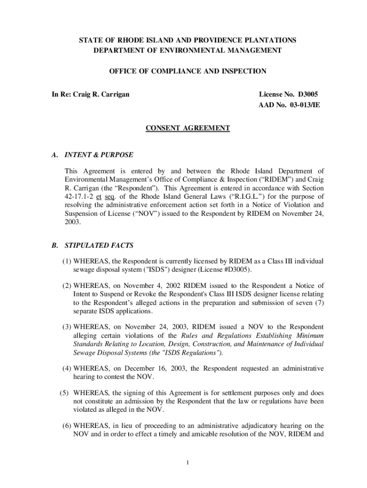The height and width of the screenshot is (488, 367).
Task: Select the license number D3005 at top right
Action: [306, 94]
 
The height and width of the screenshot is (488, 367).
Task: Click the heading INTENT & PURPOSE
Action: [99, 155]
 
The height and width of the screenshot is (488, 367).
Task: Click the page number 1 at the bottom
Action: [188, 463]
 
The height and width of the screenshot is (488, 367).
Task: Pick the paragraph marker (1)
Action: [67, 262]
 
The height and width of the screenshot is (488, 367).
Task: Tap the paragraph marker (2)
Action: [67, 285]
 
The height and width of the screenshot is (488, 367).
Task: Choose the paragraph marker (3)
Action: [67, 327]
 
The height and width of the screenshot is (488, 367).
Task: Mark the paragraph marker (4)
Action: [67, 368]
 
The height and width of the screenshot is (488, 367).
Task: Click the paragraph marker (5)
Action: [65, 393]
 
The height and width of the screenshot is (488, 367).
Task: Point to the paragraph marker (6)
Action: [67, 426]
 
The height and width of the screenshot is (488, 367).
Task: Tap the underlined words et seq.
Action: [109, 196]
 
